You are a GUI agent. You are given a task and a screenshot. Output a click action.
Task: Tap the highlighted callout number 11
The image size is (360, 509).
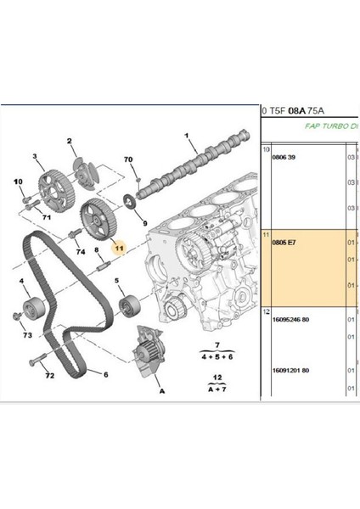(120, 249)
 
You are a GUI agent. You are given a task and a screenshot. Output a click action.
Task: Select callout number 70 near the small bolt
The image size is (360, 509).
(128, 159)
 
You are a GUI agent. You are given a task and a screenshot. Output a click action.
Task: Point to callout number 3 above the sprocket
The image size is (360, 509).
(37, 157)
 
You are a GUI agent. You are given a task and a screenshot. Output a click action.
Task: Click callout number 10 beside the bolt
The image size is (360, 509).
(16, 182)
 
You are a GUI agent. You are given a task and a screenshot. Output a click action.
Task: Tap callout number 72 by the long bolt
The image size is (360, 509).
(49, 374)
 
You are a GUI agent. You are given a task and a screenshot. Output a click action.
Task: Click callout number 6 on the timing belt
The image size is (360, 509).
(107, 373)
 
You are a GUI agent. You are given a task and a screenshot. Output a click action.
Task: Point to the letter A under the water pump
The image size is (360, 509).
(160, 391)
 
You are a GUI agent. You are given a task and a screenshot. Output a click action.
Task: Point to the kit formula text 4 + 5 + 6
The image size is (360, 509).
(217, 358)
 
